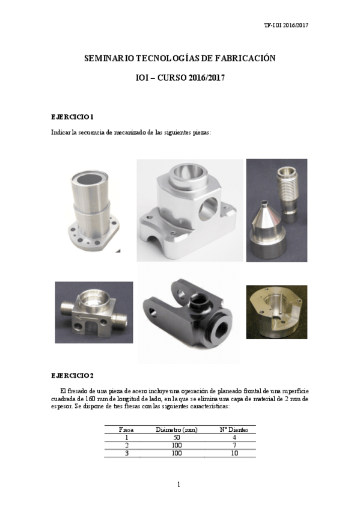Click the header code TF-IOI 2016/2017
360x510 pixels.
(x=286, y=26)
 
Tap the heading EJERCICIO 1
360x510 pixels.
(x=72, y=115)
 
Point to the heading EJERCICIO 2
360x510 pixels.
(x=72, y=376)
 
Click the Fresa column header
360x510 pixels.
(x=126, y=429)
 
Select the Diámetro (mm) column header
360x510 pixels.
(x=177, y=429)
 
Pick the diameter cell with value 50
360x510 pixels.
(x=177, y=437)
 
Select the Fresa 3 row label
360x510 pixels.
(x=126, y=453)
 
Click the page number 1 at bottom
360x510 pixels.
(x=179, y=485)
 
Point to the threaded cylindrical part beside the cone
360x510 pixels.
(x=287, y=189)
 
